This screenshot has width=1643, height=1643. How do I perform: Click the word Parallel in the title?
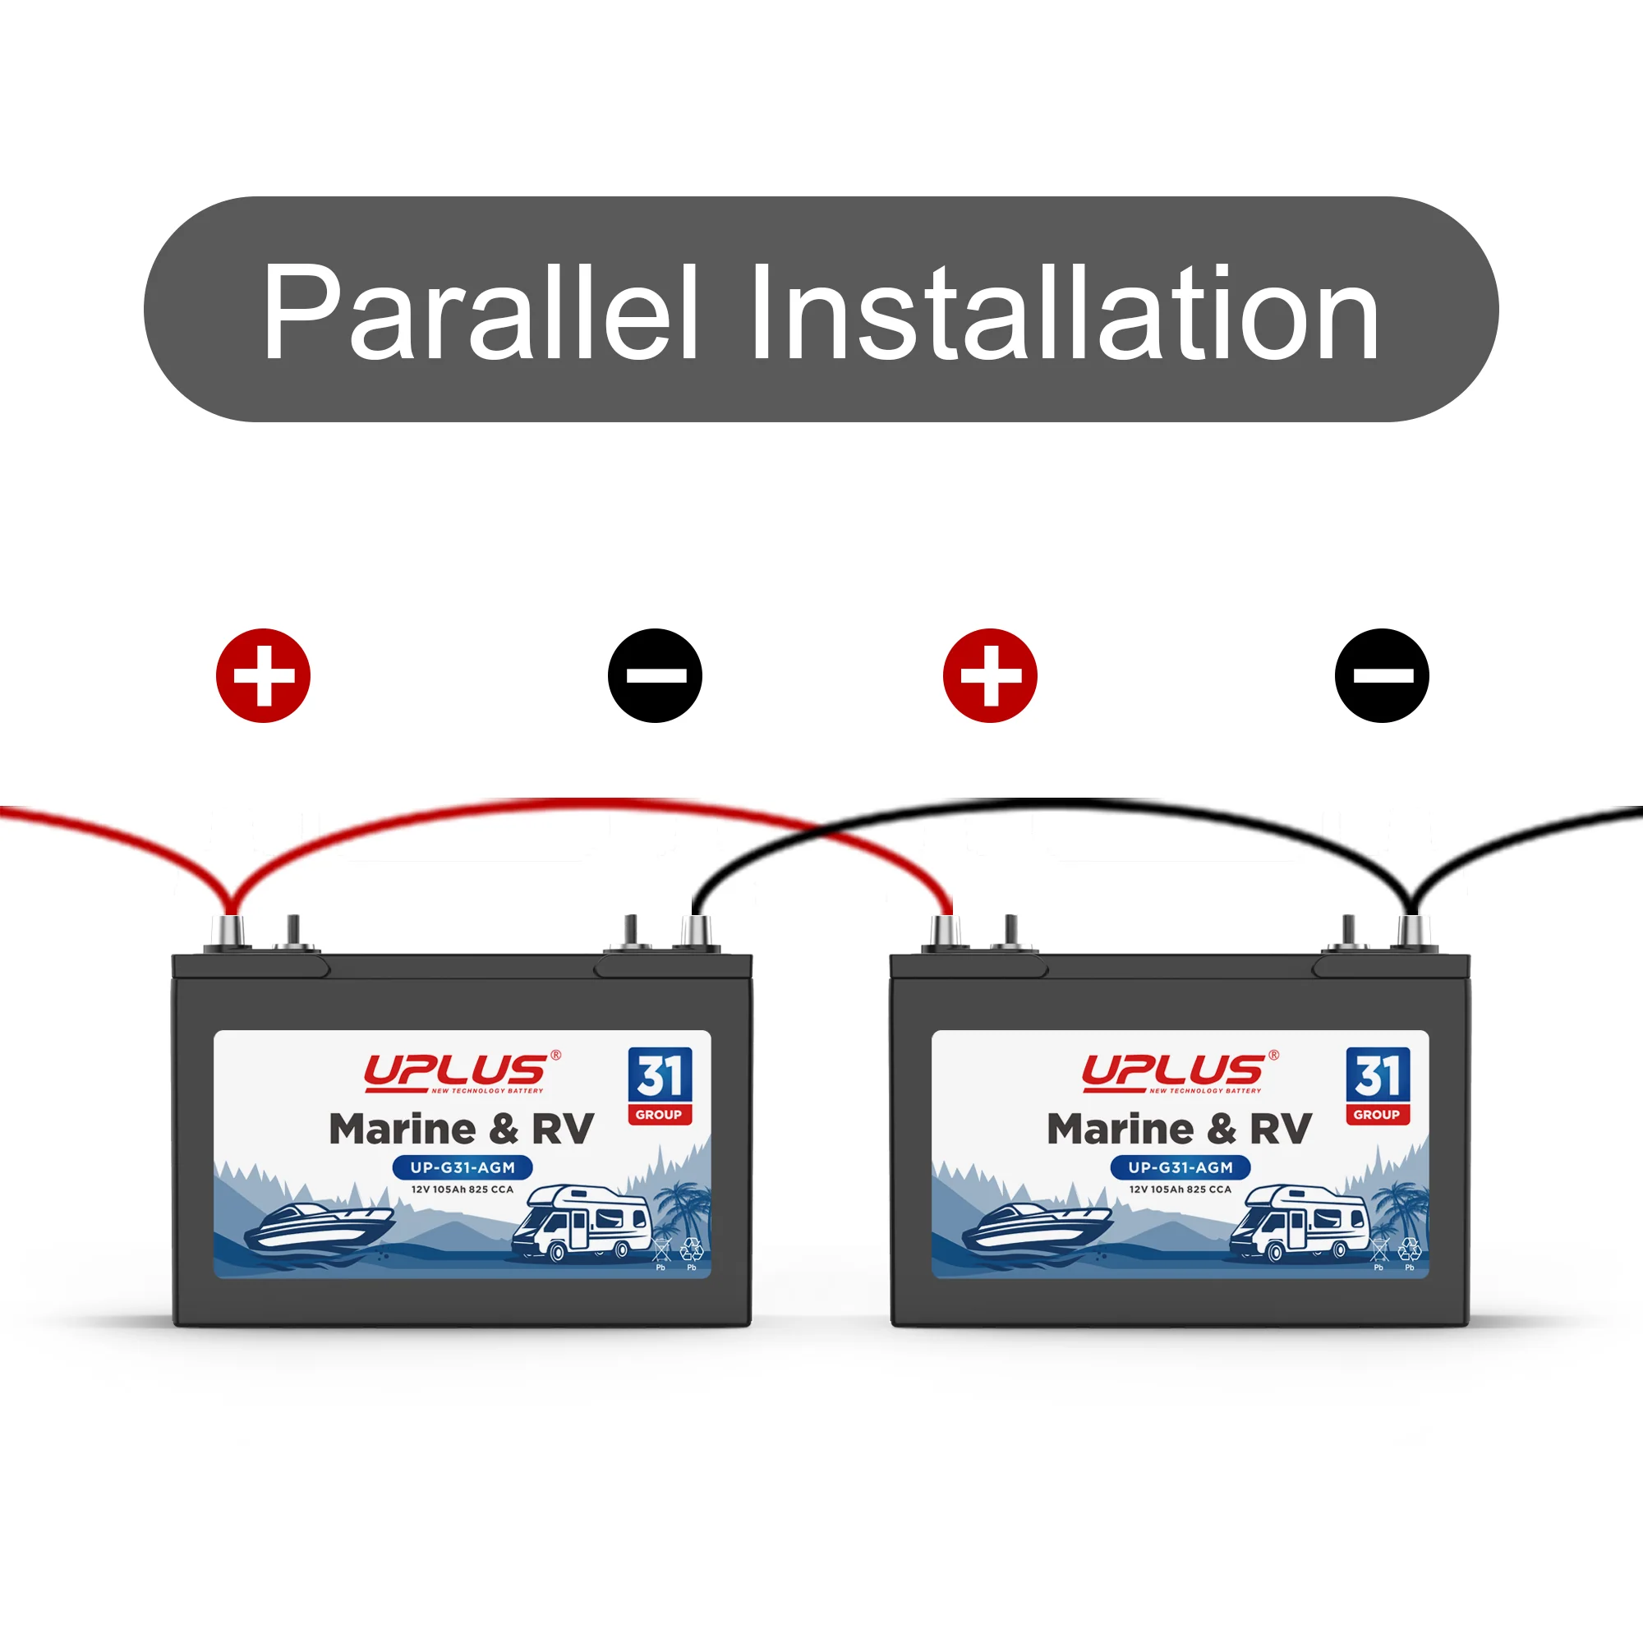(x=481, y=312)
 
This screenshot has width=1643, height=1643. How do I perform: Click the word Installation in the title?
(x=1065, y=312)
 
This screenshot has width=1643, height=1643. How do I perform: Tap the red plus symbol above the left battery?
(x=263, y=676)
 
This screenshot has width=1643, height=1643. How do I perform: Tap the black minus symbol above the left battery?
(x=655, y=676)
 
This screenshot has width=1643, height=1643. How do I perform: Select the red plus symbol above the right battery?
(x=990, y=676)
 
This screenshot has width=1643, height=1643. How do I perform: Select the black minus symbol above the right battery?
(x=1382, y=676)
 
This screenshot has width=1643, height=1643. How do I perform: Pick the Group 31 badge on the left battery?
(x=660, y=1086)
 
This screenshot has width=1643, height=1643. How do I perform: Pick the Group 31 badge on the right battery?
(x=1378, y=1086)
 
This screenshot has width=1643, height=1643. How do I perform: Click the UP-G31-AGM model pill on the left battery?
(x=463, y=1167)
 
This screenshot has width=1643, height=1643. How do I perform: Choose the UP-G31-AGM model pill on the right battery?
(x=1180, y=1167)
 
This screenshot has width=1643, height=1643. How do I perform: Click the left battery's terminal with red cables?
(x=231, y=932)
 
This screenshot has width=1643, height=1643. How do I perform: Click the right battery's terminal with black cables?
(x=1411, y=932)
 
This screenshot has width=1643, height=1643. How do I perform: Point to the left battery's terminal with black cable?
(x=695, y=932)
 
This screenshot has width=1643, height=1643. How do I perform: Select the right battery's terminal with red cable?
(x=946, y=932)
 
